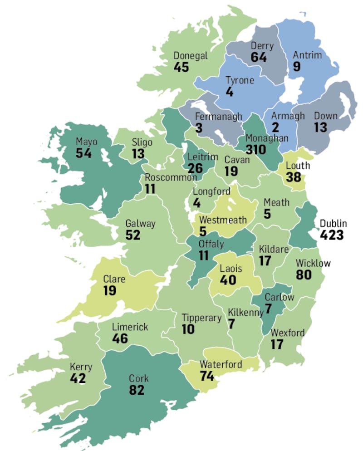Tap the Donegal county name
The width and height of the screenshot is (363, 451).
click(191, 56)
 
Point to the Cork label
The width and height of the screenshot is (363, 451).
click(138, 378)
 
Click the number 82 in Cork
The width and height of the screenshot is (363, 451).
click(137, 390)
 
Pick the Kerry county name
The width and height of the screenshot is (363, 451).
click(81, 367)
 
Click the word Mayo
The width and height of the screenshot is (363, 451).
click(87, 141)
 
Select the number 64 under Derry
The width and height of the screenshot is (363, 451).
click(260, 58)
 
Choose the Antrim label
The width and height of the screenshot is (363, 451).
click(307, 55)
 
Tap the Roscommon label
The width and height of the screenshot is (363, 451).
click(171, 177)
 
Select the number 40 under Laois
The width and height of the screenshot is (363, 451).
click(228, 279)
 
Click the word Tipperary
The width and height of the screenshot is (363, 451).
click(201, 318)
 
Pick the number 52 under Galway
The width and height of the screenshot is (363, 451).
click(133, 235)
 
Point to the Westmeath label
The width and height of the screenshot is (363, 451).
click(223, 220)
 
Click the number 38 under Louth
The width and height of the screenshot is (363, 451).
click(294, 177)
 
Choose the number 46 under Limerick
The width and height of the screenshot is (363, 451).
click(120, 338)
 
